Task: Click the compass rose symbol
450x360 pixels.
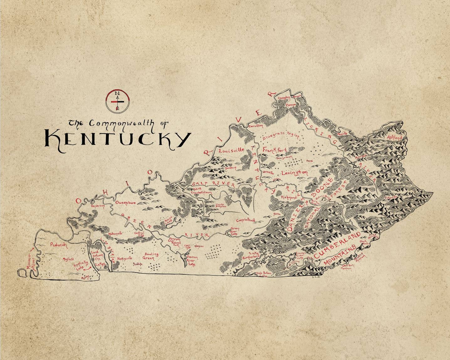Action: click(x=118, y=101)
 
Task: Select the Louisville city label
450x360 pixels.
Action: click(x=231, y=151)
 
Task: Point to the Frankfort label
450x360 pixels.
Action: click(x=275, y=150)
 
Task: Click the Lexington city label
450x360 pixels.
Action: click(x=295, y=173)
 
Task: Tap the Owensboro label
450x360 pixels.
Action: click(x=126, y=203)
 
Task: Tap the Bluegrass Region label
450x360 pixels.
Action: click(x=281, y=135)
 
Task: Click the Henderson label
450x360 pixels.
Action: click(x=97, y=206)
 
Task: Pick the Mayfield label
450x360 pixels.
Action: click(x=68, y=259)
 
